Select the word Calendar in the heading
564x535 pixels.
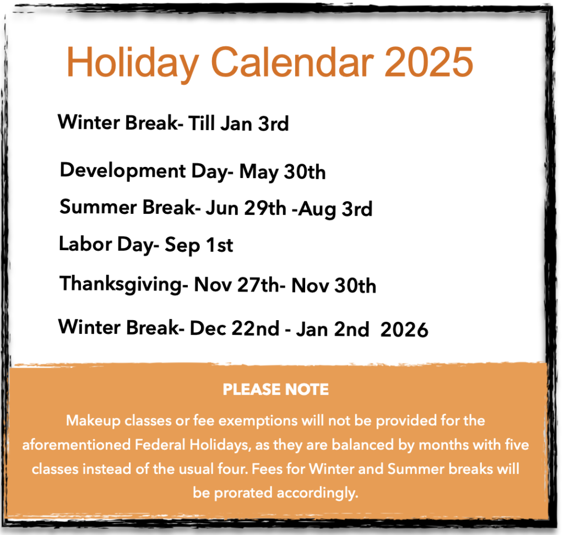[x=292, y=62]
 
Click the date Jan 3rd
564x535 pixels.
[x=254, y=123]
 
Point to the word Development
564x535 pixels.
[x=123, y=171]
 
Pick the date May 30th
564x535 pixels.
[x=283, y=172]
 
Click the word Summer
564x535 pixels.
[x=98, y=207]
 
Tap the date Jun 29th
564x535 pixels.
[x=246, y=208]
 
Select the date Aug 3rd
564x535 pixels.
[x=335, y=209]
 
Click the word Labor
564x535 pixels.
[x=85, y=244]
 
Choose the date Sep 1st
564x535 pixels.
[x=199, y=245]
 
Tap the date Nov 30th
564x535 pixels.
[x=334, y=285]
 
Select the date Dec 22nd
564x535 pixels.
[x=235, y=328]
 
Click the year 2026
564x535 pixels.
[x=404, y=329]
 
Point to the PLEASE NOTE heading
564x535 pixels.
[x=275, y=390]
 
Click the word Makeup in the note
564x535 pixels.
[x=93, y=421]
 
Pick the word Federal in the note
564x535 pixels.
[x=160, y=445]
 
